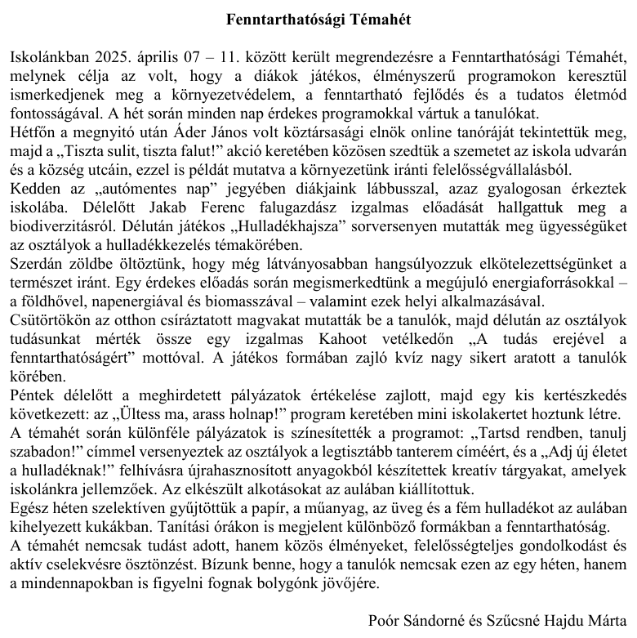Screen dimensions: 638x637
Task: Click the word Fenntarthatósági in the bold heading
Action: click(x=273, y=18)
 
